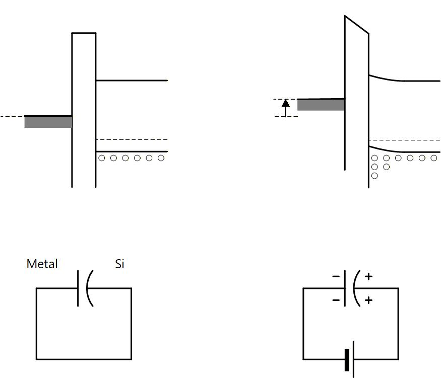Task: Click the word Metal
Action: [x=42, y=264]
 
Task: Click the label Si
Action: [x=119, y=264]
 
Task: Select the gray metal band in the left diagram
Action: [x=48, y=122]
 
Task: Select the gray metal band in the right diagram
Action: [x=321, y=105]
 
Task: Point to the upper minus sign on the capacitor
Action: [x=336, y=276]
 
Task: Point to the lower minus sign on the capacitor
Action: [x=336, y=300]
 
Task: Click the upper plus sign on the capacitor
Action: [x=368, y=276]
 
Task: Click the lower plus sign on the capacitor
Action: [x=368, y=300]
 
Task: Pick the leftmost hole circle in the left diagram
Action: [x=102, y=158]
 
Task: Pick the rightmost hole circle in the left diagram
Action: [x=161, y=158]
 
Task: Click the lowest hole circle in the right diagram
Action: [x=374, y=176]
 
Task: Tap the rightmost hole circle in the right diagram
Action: [x=433, y=158]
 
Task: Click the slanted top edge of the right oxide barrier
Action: [x=357, y=25]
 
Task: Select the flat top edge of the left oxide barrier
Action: [x=84, y=33]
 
